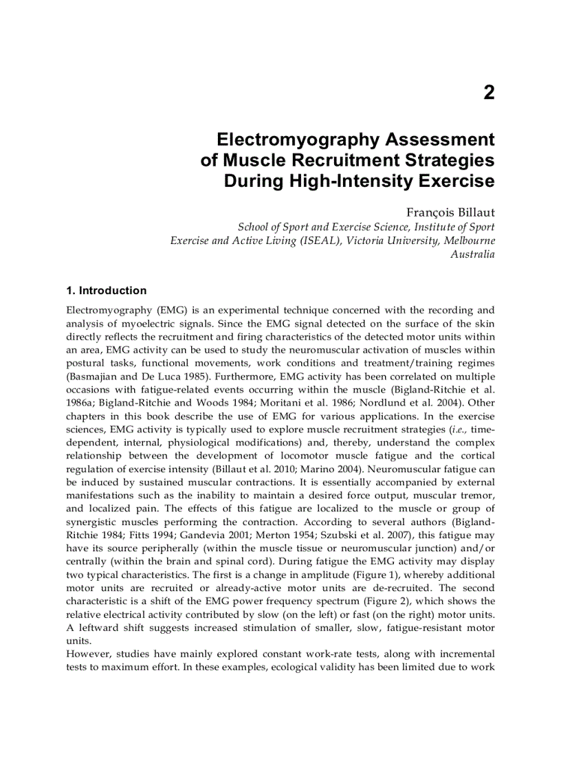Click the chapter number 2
point(488,93)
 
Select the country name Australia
point(472,254)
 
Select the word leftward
point(100,628)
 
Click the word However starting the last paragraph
point(88,654)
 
